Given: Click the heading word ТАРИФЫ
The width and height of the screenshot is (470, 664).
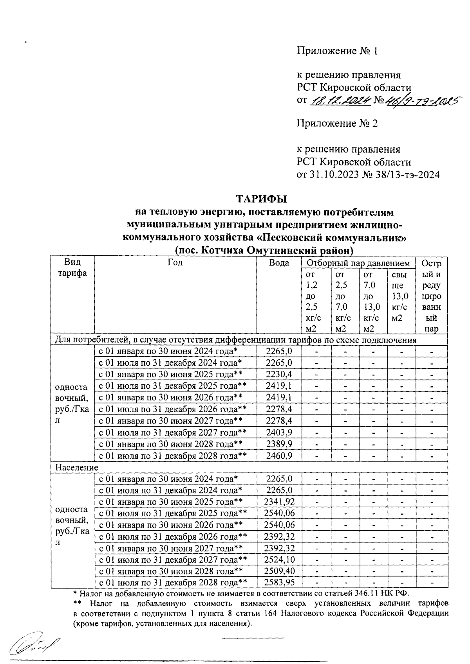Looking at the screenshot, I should [261, 199].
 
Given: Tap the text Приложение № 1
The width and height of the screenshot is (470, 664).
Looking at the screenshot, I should [337, 51].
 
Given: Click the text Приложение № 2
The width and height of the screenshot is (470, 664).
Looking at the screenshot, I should [337, 124].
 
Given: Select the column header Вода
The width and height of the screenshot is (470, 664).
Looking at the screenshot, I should [279, 263].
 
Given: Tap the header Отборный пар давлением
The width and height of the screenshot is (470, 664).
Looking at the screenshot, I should [358, 263].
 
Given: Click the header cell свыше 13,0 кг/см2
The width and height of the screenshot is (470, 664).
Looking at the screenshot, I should [400, 296].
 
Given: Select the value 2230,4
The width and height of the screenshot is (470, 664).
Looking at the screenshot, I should [279, 374].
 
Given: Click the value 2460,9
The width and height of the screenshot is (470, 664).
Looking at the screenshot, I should [279, 456].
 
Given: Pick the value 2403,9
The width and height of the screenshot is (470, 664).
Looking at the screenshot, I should [279, 432].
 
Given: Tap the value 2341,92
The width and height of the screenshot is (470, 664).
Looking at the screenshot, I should [279, 502].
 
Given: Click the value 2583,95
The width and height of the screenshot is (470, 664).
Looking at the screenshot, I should [279, 583].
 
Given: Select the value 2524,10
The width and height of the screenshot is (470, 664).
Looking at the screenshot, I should [279, 560].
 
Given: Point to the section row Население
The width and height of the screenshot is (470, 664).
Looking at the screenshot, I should [77, 468].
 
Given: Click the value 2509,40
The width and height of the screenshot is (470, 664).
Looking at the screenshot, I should [279, 571].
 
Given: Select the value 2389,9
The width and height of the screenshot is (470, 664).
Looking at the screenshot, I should [279, 444].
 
